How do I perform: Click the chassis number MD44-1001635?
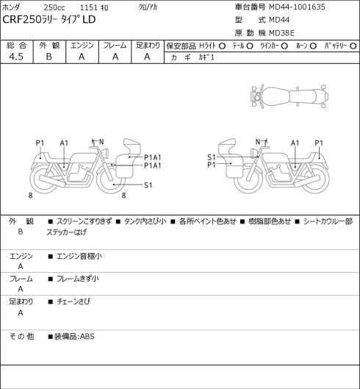[297, 7]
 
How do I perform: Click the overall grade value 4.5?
[16, 57]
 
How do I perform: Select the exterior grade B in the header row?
[48, 57]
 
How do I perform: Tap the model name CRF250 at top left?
[21, 20]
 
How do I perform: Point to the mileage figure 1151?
[88, 7]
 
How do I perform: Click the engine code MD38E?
[281, 33]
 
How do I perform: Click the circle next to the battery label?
[353, 46]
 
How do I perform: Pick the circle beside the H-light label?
[222, 46]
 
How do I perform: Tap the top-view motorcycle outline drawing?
[289, 96]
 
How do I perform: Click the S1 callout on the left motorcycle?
[148, 185]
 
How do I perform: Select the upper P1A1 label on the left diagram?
[153, 157]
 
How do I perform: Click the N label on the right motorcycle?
[258, 142]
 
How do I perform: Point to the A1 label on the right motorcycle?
[295, 143]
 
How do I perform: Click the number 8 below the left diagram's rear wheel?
[30, 196]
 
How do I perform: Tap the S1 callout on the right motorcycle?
[212, 157]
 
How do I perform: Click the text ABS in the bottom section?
[87, 336]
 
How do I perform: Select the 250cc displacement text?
[54, 7]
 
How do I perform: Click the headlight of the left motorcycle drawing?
[106, 152]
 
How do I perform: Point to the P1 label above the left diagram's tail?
[40, 143]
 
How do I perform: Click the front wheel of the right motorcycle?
[248, 179]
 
